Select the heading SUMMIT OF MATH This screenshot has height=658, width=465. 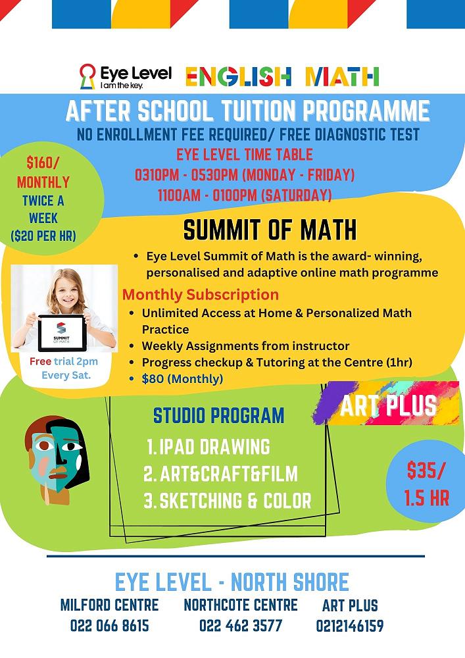pos(270,230)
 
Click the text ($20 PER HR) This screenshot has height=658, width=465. pos(43,235)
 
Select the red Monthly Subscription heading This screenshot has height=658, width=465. pos(201,295)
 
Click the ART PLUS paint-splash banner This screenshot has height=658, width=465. pos(388,405)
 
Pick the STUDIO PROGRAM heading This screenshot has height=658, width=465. pos(218,416)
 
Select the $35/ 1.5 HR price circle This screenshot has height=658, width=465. pos(428,483)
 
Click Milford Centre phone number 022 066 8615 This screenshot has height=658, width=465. pos(109,625)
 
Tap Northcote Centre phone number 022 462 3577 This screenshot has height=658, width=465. pos(240,625)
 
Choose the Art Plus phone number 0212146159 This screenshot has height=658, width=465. pos(349,625)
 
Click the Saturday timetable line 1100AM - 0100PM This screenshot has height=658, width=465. pos(245,195)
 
